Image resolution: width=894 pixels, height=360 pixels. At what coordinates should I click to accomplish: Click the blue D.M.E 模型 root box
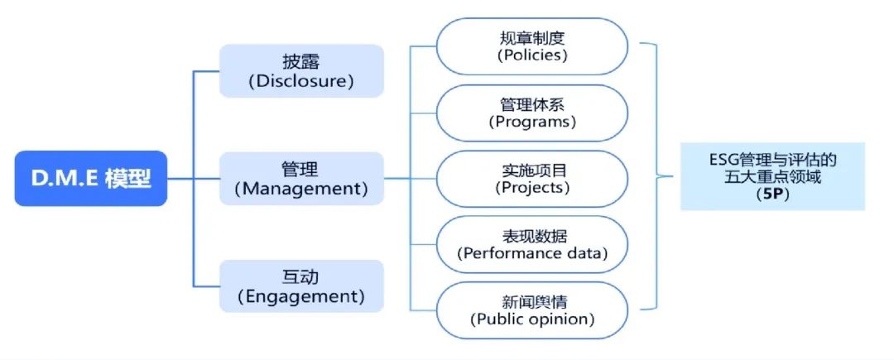point(91,178)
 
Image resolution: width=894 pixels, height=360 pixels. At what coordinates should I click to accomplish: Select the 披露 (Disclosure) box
point(301,70)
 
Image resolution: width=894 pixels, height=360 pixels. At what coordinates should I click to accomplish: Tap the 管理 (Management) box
point(301,178)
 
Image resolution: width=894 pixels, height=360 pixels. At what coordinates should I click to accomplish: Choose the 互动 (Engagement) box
point(301,286)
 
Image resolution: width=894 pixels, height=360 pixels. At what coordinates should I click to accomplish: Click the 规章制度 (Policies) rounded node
point(532,46)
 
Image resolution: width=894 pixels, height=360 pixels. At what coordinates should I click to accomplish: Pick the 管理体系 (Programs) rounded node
point(532,113)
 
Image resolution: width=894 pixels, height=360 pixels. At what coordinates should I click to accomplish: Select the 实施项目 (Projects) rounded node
point(532,178)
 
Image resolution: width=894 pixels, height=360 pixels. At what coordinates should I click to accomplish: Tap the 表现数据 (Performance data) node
point(532,244)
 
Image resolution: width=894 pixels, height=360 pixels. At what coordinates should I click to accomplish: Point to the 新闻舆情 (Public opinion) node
point(532,310)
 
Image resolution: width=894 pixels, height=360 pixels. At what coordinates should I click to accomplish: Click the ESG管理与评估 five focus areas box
point(773,176)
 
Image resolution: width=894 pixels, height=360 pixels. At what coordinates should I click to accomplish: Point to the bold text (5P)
point(773,196)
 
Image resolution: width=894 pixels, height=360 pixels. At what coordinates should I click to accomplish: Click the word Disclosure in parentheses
point(301,81)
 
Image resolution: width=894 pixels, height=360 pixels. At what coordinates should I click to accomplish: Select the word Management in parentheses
point(301,189)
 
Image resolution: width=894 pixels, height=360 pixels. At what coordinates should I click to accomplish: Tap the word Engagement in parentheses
point(301,295)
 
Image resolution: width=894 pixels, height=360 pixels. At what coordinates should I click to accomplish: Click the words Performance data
point(532,253)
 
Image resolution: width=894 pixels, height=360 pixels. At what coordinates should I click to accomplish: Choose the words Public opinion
point(532,319)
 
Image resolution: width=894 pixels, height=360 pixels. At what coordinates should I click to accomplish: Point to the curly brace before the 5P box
point(658,176)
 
